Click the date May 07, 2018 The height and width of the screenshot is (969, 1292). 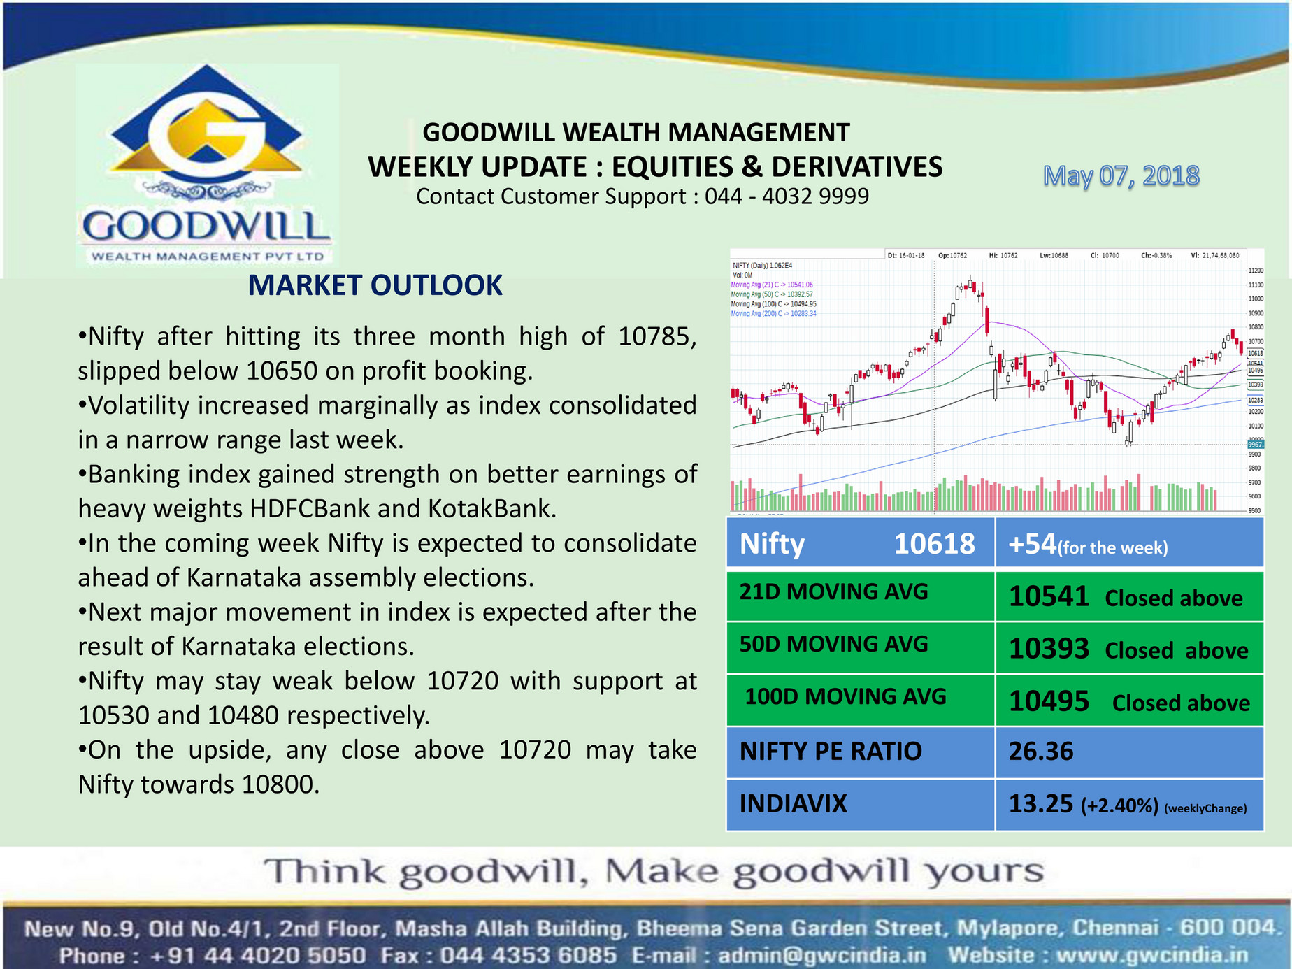coord(1121,175)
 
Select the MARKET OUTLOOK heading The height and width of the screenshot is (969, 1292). coord(375,285)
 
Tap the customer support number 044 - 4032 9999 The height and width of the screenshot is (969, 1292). coord(787,196)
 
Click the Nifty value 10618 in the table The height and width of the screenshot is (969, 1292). coord(934,543)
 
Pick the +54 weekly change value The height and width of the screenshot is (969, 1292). coord(1032,544)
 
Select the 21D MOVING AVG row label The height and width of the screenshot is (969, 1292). coord(833,591)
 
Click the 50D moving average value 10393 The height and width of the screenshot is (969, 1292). coord(1048,649)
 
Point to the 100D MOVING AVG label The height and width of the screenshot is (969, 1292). coord(845,696)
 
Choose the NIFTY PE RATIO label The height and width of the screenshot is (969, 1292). coord(831,751)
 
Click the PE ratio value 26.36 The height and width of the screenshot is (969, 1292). coord(1040,751)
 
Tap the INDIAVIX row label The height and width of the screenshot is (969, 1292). coord(793,803)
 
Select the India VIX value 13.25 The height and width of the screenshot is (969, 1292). coord(1040,804)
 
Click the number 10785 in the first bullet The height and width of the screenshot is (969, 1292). coord(657,336)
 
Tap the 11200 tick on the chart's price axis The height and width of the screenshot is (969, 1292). coord(1255,271)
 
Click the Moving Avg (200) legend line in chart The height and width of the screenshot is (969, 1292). coord(773,314)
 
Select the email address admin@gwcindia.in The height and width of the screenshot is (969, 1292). coord(821,955)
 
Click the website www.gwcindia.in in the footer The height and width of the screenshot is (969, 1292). coord(1152,955)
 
